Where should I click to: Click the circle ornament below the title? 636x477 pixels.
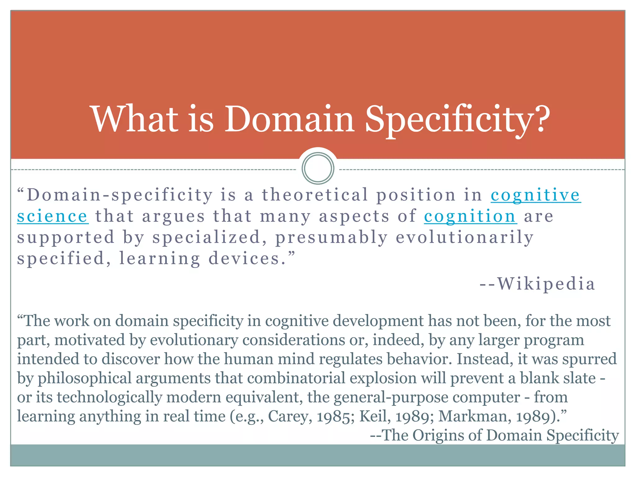point(318,168)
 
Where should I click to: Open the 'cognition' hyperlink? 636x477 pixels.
point(470,216)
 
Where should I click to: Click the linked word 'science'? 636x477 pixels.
point(52,216)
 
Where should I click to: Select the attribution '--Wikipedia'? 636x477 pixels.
point(537,284)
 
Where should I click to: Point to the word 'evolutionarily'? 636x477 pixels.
point(465,238)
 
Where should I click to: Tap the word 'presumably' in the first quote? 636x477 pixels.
point(332,238)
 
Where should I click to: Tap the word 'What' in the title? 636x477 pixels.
point(134,120)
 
